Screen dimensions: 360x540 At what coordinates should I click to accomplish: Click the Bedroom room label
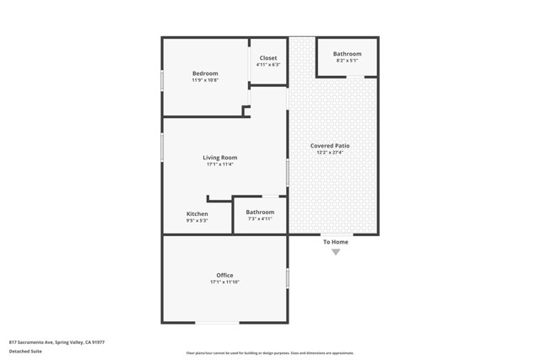click(205, 73)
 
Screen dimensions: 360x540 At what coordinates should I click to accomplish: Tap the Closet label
click(267, 58)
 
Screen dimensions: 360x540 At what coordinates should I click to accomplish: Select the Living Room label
click(219, 158)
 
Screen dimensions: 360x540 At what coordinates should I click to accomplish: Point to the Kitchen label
click(197, 213)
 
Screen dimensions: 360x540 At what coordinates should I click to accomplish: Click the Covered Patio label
click(330, 146)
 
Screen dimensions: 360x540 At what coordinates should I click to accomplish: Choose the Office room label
click(224, 276)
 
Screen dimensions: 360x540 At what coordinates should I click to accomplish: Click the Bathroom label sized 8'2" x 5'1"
click(347, 54)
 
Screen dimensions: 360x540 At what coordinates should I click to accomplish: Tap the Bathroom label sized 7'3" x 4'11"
click(260, 212)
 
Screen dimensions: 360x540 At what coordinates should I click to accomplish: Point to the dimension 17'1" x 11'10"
click(224, 282)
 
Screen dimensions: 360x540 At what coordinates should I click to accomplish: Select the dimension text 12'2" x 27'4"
click(330, 153)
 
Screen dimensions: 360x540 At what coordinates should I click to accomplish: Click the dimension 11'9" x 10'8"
click(205, 80)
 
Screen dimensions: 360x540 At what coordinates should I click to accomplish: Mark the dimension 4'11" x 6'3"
click(267, 65)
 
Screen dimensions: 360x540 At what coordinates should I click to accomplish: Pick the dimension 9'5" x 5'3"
click(197, 220)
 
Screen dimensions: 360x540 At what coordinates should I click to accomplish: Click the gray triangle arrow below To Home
click(335, 252)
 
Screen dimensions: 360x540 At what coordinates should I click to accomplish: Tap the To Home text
click(335, 242)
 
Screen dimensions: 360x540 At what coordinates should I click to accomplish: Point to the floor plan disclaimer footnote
click(269, 353)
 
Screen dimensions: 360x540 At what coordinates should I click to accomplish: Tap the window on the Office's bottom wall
click(217, 322)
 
